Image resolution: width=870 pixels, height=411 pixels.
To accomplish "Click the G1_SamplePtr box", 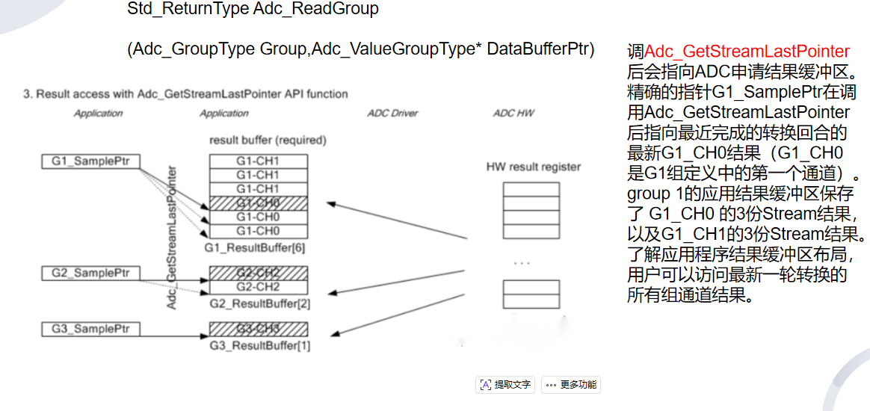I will click(x=90, y=161).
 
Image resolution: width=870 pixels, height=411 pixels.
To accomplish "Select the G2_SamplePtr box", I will click(x=90, y=274).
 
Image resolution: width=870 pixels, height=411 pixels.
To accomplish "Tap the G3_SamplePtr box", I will click(x=90, y=329).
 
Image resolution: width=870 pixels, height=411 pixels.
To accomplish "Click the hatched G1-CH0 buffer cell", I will click(x=259, y=203).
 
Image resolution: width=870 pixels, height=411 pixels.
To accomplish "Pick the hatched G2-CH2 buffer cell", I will click(x=259, y=274).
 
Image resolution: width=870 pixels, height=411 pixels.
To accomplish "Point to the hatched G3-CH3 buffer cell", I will click(x=259, y=329).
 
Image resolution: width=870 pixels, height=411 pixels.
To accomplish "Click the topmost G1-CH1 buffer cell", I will click(x=259, y=161).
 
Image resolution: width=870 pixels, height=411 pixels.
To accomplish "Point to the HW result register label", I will click(x=533, y=167).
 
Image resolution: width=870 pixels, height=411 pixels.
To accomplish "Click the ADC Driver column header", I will click(x=392, y=114).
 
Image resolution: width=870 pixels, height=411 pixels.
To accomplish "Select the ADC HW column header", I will click(x=513, y=114).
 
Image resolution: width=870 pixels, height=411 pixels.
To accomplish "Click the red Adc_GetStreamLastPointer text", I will click(x=747, y=52).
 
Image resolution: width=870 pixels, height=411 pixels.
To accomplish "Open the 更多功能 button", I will click(x=571, y=385).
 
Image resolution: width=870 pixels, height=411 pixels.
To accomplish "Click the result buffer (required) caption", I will click(x=268, y=140).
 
